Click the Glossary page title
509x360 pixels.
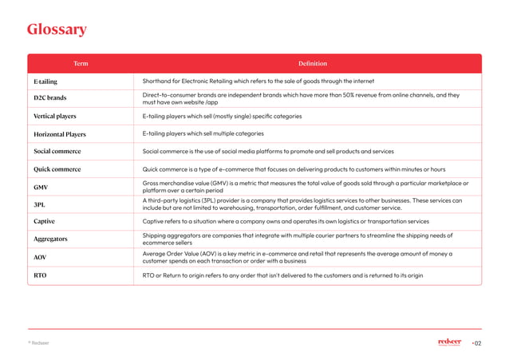tap(57, 31)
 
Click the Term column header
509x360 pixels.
tap(81, 63)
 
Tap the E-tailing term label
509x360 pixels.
tap(45, 81)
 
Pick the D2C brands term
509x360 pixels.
tap(49, 99)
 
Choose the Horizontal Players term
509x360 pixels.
tap(60, 134)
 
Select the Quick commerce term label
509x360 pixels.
tap(57, 169)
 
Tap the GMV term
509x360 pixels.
tap(41, 187)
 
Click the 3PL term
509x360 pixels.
tap(39, 204)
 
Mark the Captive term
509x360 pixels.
tap(44, 221)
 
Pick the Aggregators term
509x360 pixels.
tap(50, 239)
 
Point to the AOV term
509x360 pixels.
tap(40, 258)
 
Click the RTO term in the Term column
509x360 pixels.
tap(40, 275)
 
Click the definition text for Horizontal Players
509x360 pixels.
tap(203, 134)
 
